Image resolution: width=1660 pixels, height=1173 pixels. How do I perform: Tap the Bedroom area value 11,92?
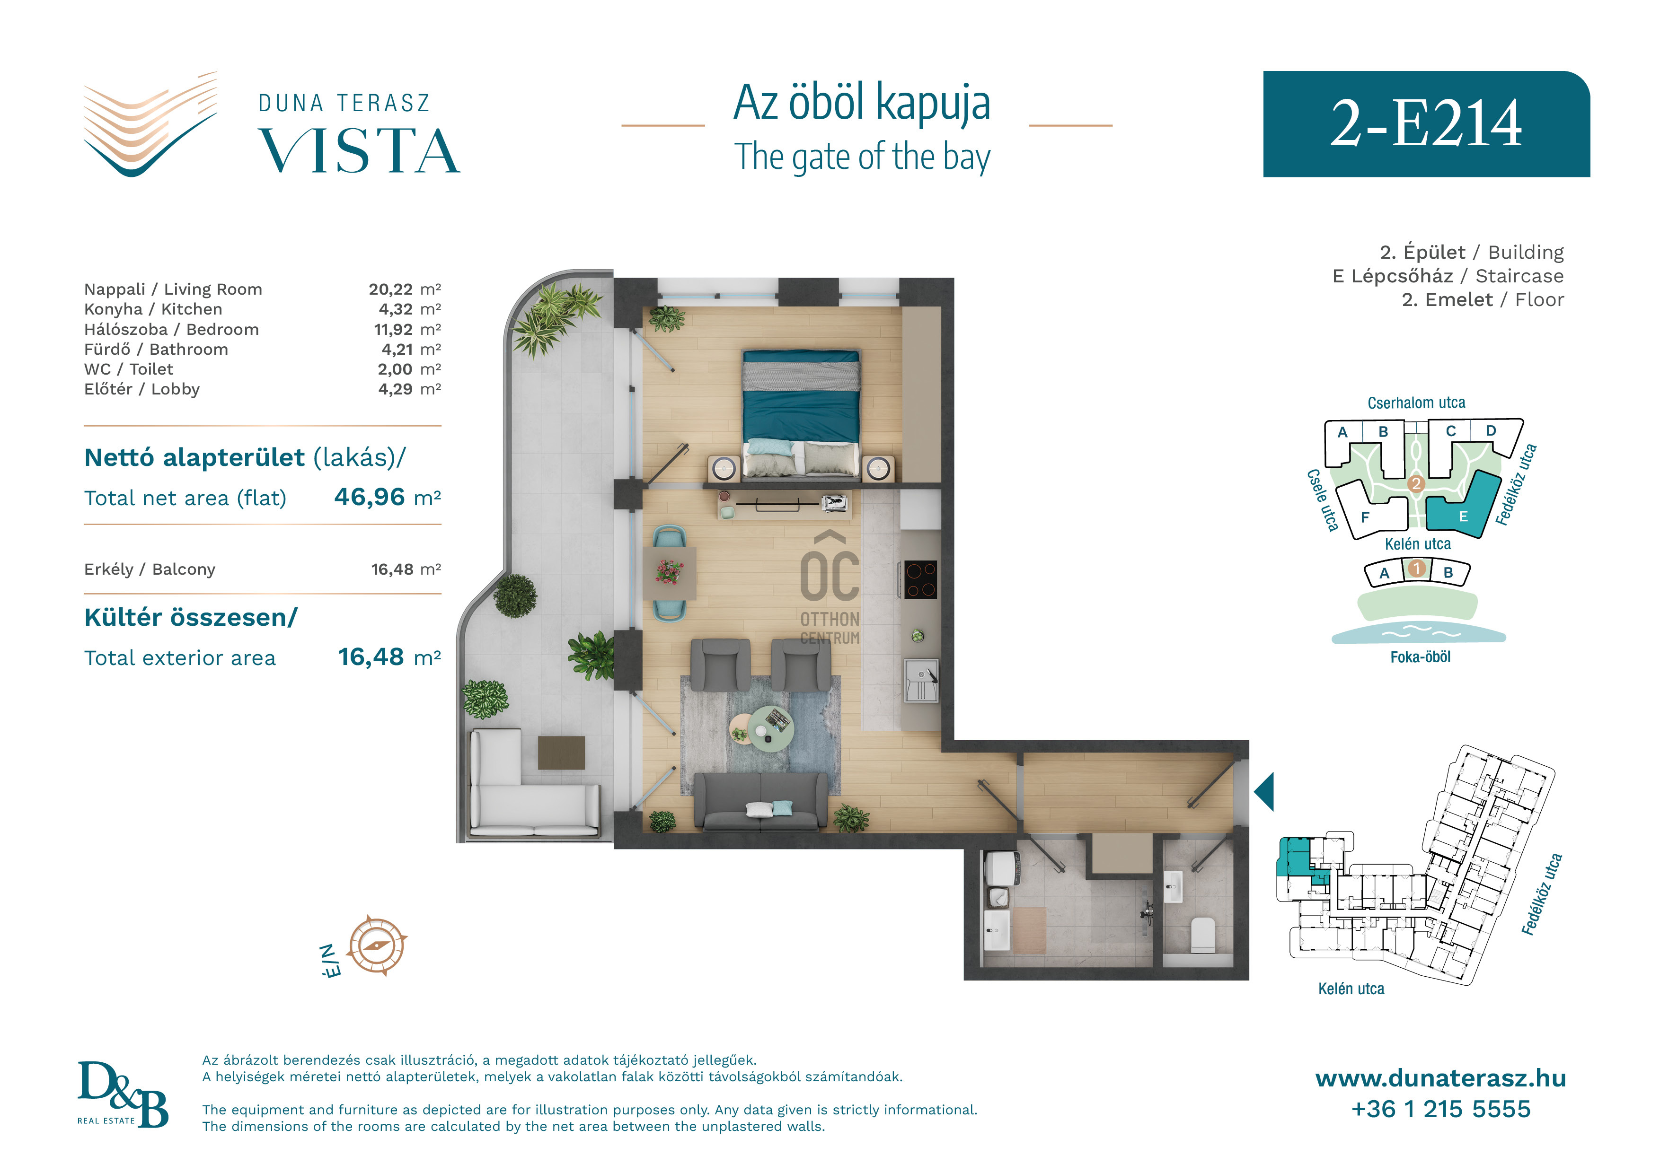pos(393,330)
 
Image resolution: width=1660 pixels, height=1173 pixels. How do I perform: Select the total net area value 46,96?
pos(370,497)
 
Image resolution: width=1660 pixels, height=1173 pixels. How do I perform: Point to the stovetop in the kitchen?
pos(920,579)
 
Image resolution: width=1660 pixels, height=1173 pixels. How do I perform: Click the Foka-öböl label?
pos(1420,657)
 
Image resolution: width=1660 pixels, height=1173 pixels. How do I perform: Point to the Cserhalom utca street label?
pos(1416,403)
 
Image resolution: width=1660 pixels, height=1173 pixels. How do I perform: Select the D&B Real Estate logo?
pos(123,1094)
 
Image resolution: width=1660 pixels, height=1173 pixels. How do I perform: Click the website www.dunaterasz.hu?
pos(1440,1078)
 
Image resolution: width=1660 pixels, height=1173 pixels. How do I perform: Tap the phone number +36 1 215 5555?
pos(1440,1109)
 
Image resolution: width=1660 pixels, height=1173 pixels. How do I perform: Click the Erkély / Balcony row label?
pos(150,569)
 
